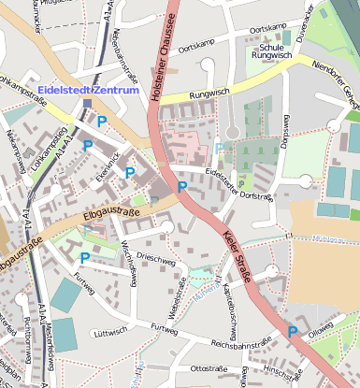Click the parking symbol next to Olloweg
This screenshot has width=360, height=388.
(x=293, y=332)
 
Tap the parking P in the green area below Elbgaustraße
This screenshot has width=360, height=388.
(x=84, y=258)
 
